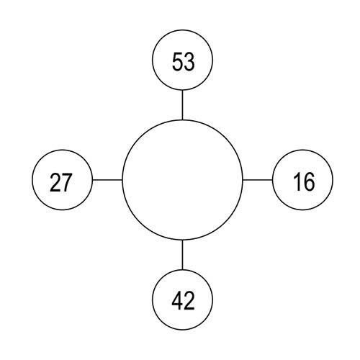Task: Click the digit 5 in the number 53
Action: point(177,61)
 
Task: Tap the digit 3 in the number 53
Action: point(189,61)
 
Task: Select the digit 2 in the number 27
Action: point(55,182)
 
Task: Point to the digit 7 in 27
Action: point(67,182)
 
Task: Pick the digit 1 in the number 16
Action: point(297,181)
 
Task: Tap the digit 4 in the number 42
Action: point(177,300)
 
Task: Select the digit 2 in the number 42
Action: point(189,300)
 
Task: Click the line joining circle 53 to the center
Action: point(182,105)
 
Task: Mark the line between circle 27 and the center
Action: point(107,180)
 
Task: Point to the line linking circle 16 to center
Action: point(258,179)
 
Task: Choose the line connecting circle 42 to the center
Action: point(182,255)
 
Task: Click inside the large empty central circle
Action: point(182,180)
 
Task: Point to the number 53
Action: point(184,62)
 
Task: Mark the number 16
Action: point(304,181)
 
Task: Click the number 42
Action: point(183,300)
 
